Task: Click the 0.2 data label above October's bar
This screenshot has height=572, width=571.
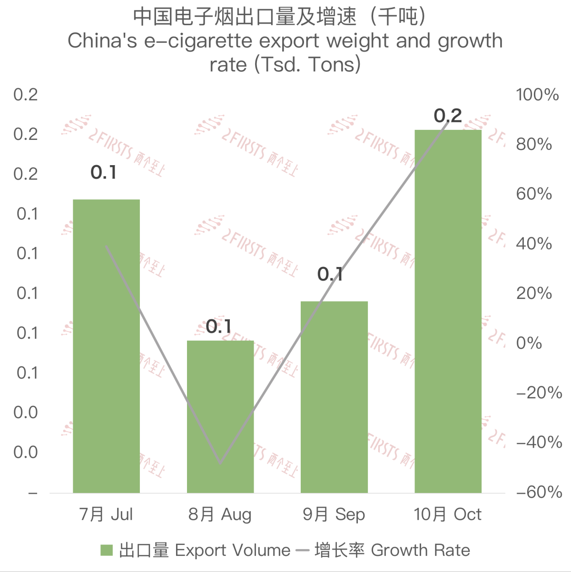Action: [448, 116]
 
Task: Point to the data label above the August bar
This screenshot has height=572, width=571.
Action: [219, 326]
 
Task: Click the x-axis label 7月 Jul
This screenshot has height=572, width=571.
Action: [106, 514]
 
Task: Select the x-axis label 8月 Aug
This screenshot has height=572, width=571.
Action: [220, 514]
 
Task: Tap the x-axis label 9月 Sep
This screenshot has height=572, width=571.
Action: [334, 514]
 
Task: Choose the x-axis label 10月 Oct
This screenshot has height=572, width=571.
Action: [448, 514]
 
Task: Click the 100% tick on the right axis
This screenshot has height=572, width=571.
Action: [537, 94]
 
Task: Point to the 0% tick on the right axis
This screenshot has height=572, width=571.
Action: [529, 343]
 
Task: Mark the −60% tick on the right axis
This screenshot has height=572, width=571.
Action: [539, 492]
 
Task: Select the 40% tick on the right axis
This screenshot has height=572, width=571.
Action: [534, 243]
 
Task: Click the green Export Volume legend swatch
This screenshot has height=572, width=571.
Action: [107, 551]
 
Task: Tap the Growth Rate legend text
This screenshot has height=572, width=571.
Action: [420, 551]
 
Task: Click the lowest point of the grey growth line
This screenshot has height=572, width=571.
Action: [220, 463]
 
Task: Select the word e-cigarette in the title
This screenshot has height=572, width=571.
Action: [198, 41]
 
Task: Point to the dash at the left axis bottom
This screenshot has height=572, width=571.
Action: [32, 493]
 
